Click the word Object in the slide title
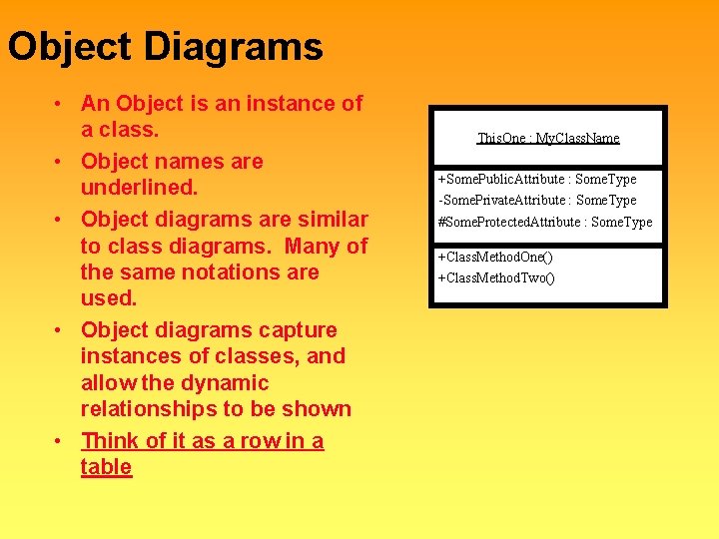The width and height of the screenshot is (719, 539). pos(70,47)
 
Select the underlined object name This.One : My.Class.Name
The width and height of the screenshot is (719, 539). pos(548,138)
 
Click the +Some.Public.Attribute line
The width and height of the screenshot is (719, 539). pos(536,179)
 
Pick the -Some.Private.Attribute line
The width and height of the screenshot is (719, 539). pos(536,200)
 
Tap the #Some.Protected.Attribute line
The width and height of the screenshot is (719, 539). pos(544,222)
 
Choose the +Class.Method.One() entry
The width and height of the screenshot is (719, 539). pos(495,257)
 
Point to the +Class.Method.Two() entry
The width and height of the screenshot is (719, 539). pos(495,276)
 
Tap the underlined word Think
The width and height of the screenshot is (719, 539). pos(111,440)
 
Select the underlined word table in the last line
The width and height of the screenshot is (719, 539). pos(106,467)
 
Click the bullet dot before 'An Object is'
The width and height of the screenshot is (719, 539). pos(61,104)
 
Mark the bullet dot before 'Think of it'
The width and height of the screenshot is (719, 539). pos(61,441)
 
